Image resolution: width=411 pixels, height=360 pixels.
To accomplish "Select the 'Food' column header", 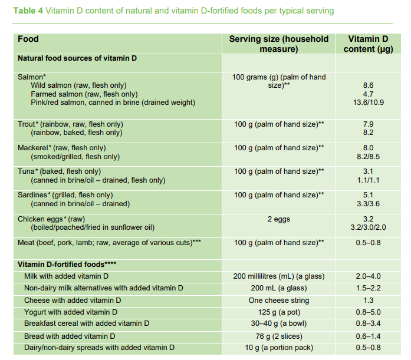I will (x=28, y=39).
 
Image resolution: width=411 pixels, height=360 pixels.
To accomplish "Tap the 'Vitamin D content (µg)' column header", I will (x=368, y=44).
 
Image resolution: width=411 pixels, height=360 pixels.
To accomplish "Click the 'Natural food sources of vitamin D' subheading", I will (x=77, y=58).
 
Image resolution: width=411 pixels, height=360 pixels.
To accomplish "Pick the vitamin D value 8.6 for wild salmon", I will (x=368, y=85).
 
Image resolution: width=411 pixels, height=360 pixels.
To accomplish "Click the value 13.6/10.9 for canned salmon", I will (x=368, y=103).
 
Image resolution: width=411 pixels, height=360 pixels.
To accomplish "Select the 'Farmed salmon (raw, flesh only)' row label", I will (x=84, y=94).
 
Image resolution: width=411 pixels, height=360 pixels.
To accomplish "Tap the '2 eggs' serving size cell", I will (x=279, y=219).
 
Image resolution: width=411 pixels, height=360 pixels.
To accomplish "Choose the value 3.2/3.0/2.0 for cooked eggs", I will (x=368, y=227).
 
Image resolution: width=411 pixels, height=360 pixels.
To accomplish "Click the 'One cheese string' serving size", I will (x=279, y=300).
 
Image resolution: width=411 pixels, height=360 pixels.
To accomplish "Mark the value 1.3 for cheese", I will (x=368, y=300).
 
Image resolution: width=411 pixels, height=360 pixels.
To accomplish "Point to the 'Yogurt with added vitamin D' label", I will (x=71, y=312).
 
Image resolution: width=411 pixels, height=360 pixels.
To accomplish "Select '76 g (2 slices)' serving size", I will (x=279, y=335).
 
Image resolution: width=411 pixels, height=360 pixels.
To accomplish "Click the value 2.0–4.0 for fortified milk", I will (x=368, y=276).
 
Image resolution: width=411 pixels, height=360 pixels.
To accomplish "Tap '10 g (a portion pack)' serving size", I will (x=279, y=347).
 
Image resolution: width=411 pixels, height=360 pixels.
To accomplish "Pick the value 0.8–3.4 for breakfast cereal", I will (x=368, y=323).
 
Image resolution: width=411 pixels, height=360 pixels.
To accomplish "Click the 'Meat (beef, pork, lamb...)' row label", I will (x=109, y=243).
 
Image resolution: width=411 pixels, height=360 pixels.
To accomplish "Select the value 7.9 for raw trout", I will (x=368, y=124).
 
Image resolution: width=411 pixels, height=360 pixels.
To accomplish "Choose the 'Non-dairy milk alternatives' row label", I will (x=103, y=288).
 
